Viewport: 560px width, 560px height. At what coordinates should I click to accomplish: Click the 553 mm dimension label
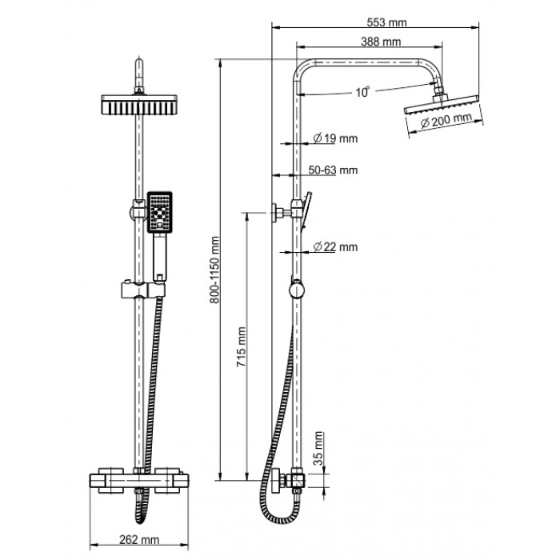(386, 22)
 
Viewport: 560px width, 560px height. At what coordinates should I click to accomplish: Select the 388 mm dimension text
(381, 42)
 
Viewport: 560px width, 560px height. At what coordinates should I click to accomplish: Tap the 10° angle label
(362, 92)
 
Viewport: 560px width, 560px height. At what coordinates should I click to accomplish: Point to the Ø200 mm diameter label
(446, 120)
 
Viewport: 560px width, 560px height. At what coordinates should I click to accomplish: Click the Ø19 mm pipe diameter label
(335, 138)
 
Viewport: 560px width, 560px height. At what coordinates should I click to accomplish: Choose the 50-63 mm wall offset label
(333, 170)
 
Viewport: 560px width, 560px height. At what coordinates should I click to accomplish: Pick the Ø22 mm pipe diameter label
(335, 246)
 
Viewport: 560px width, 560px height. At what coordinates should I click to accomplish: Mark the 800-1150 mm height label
(214, 270)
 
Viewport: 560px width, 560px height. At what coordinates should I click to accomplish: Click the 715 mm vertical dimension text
(242, 347)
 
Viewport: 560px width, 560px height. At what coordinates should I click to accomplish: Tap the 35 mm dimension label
(318, 449)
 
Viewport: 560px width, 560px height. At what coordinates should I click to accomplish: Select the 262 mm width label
(139, 539)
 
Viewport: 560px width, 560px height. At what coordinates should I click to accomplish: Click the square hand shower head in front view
(160, 212)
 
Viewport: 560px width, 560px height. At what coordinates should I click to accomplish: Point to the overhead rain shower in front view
(139, 104)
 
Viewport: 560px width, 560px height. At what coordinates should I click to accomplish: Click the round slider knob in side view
(297, 290)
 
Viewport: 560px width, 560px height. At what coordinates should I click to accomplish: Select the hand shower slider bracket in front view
(143, 290)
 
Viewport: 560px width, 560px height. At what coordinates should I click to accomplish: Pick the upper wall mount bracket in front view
(138, 210)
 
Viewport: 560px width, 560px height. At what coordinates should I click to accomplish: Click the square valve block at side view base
(298, 479)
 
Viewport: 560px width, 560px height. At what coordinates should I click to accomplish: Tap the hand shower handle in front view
(160, 257)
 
